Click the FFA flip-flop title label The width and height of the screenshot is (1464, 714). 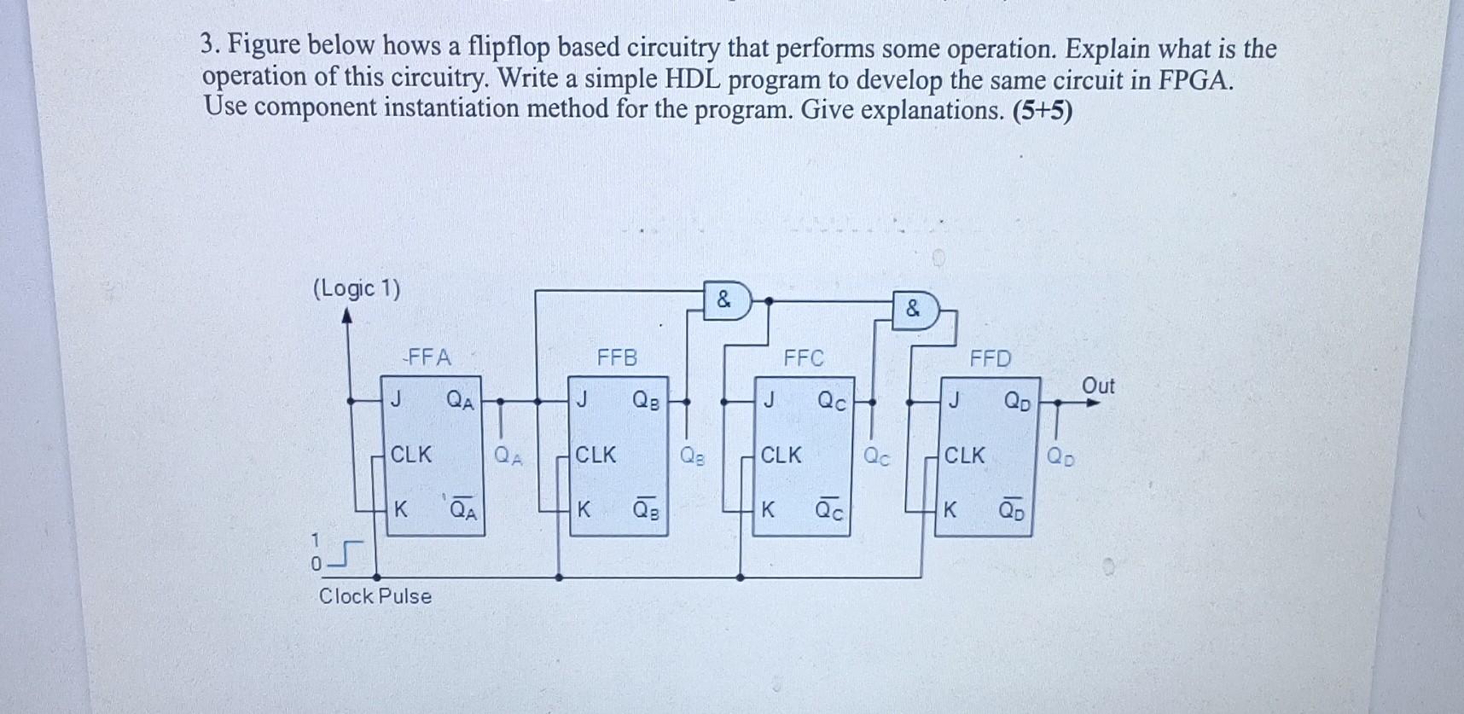coord(429,357)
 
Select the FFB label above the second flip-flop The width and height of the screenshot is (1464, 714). coord(617,357)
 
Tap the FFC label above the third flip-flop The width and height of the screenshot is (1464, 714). coord(804,358)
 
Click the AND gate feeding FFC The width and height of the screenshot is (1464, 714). coord(725,300)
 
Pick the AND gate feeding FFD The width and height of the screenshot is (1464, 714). coord(914,309)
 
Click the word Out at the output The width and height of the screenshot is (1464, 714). coord(1098,386)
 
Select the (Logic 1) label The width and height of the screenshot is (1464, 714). coord(357,288)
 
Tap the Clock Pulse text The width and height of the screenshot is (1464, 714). coord(375,595)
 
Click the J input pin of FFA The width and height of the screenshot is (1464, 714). coord(396,398)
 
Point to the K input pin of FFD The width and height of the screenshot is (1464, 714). coord(950,510)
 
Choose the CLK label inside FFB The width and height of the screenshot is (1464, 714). coord(595,455)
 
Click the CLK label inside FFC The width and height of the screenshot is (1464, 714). coord(781,455)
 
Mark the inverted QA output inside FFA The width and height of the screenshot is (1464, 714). coord(463,510)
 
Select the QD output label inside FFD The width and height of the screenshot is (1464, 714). coord(1016,400)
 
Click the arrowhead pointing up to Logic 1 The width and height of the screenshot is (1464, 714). coord(346,316)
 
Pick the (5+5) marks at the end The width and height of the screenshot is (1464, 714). coord(1042,111)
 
